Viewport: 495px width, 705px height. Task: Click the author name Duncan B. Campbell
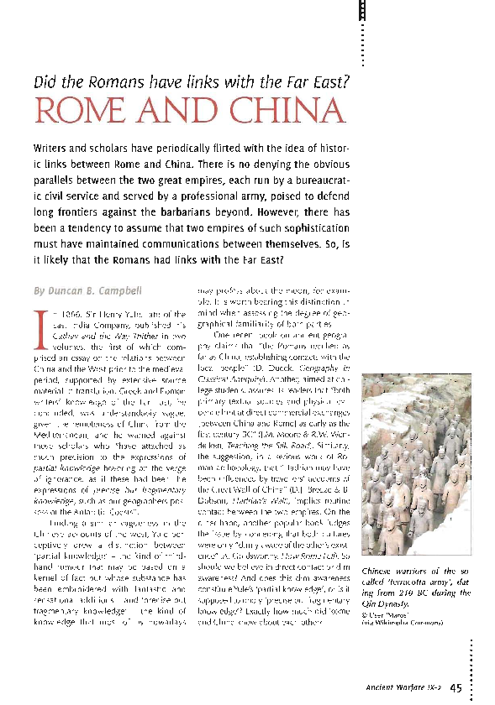pos(85,291)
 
